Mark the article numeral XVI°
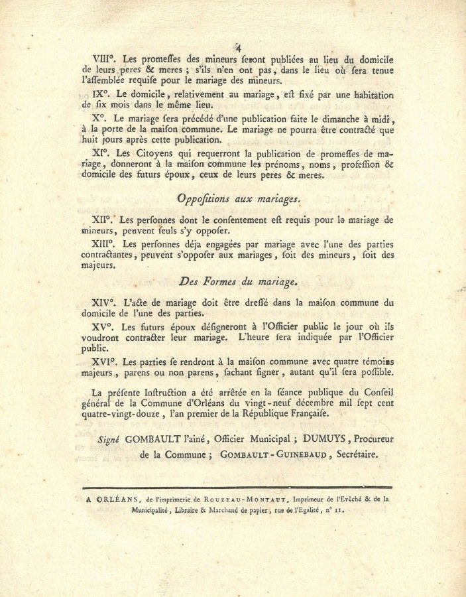(x=107, y=362)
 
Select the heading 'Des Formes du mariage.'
(x=238, y=282)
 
